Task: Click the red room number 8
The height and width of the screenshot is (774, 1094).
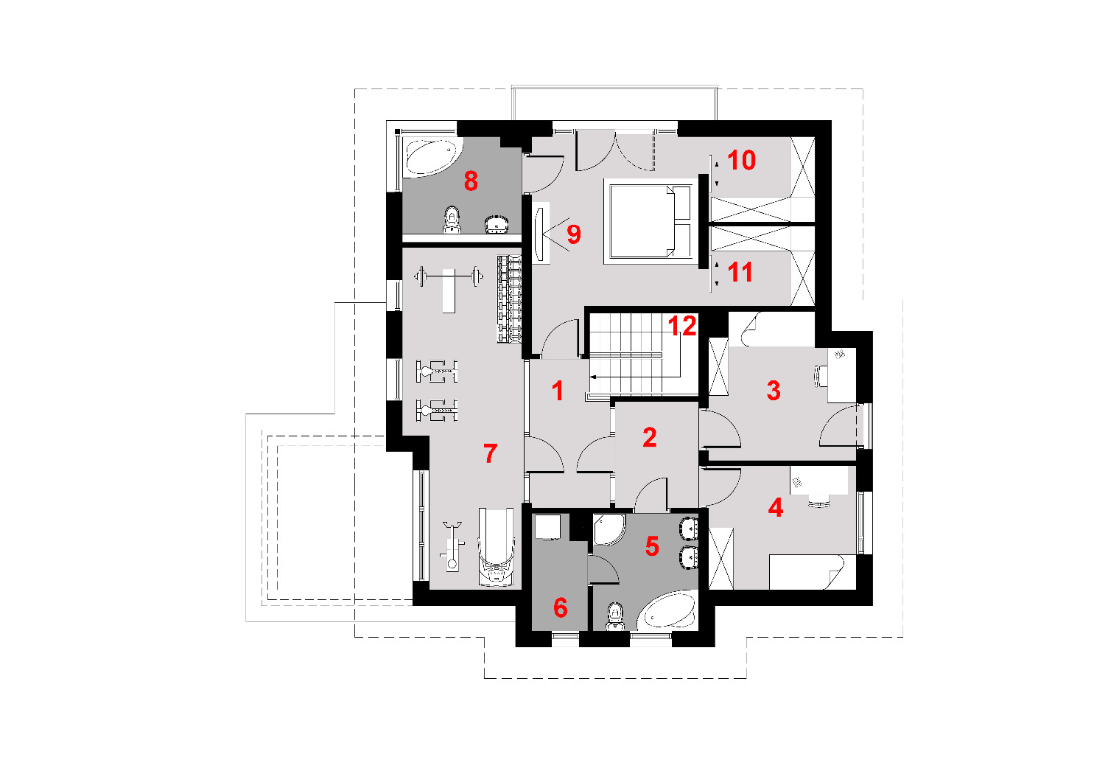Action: click(x=470, y=181)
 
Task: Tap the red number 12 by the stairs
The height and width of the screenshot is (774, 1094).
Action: click(x=681, y=325)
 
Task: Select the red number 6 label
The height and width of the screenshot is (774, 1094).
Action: click(x=560, y=608)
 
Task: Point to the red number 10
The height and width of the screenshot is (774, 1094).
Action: click(x=741, y=160)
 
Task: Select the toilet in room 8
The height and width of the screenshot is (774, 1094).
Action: click(x=452, y=220)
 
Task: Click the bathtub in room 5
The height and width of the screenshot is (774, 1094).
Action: click(x=667, y=610)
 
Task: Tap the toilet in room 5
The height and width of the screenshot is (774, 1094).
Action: click(x=615, y=616)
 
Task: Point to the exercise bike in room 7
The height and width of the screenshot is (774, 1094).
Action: click(x=452, y=546)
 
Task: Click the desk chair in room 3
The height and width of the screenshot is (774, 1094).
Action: click(x=819, y=376)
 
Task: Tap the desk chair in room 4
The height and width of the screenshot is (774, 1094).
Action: click(x=818, y=501)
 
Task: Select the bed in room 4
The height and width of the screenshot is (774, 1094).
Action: click(x=806, y=572)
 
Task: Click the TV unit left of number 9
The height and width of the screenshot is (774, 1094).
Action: click(x=540, y=233)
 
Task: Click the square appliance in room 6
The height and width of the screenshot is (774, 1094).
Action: click(x=546, y=526)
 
